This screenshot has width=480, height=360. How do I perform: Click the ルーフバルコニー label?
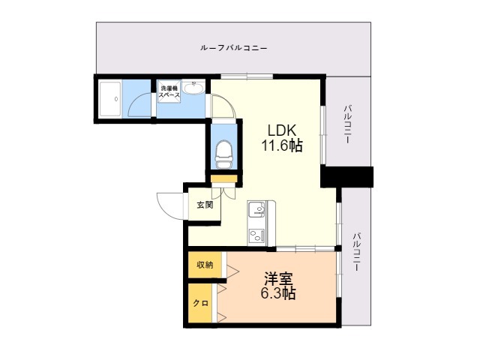(233, 48)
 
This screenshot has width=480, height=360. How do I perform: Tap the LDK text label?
(282, 130)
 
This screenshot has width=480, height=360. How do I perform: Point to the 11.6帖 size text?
(282, 145)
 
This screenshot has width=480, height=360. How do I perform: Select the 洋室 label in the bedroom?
(278, 278)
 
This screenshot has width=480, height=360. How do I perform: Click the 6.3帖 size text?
(278, 293)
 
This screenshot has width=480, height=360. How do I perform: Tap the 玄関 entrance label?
(205, 205)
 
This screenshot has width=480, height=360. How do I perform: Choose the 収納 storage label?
(205, 265)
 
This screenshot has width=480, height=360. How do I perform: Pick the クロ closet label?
(201, 303)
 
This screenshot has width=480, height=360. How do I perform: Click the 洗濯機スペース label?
(169, 91)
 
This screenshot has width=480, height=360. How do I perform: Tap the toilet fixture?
(223, 154)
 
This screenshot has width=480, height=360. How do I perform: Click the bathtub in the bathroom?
(110, 99)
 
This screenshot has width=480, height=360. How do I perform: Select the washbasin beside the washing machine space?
(193, 88)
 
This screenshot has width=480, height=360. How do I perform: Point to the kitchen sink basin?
(256, 209)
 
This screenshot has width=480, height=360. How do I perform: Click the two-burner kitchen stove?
(256, 235)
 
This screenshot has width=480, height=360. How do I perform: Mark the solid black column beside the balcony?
(346, 177)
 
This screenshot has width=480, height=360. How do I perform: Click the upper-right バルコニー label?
(347, 124)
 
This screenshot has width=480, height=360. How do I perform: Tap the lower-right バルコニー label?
(356, 252)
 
